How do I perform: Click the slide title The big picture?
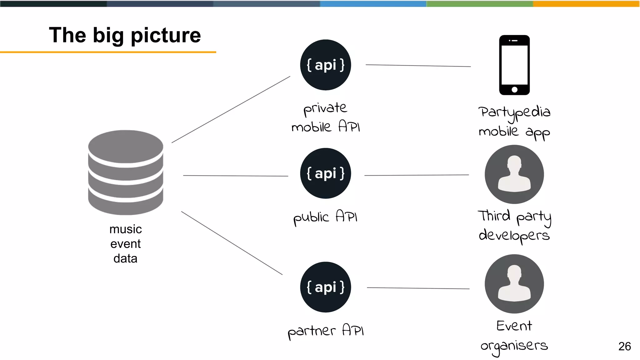125,35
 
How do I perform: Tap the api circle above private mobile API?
325,65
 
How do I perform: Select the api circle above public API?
325,173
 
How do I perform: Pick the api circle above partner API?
325,287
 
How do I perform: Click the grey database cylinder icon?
126,172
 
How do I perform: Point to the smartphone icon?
514,65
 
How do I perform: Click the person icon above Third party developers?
514,174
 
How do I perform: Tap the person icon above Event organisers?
514,284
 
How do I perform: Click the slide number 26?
624,346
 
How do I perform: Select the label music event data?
126,244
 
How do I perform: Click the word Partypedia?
514,112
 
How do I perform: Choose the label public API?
325,217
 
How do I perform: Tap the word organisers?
514,346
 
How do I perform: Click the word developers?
514,235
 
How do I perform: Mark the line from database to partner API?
232,243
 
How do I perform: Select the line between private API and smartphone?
418,66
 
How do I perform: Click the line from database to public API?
235,176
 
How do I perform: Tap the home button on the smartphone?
514,90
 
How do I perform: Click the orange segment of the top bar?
586,4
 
